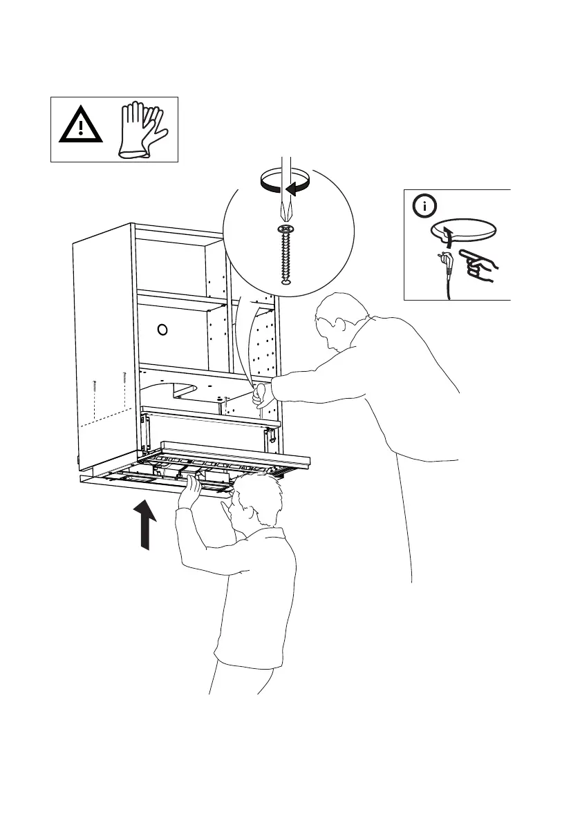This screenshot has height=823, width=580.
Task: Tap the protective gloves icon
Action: click(x=142, y=129)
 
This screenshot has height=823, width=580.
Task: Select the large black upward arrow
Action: click(x=145, y=525)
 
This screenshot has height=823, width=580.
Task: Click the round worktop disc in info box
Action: click(x=465, y=230)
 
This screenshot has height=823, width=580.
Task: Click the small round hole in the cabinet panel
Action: click(x=163, y=329)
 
